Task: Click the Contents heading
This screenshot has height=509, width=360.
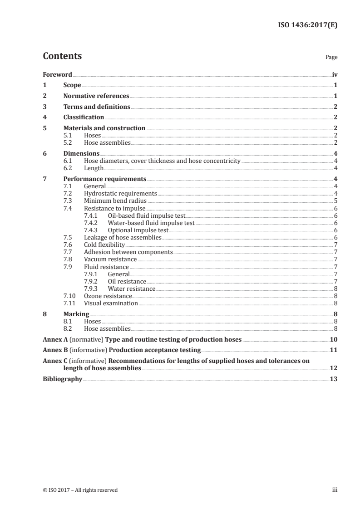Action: (x=62, y=56)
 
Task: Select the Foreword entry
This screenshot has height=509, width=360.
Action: (x=57, y=74)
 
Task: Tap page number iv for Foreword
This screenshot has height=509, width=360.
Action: (x=335, y=74)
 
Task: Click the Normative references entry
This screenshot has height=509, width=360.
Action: (x=96, y=96)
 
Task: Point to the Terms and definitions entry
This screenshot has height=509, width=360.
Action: (x=97, y=107)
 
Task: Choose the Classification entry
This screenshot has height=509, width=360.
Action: (x=84, y=117)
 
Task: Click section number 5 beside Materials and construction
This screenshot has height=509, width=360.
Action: (x=44, y=128)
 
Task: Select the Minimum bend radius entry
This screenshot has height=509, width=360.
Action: (x=115, y=200)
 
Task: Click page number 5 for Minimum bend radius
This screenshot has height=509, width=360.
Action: (x=335, y=200)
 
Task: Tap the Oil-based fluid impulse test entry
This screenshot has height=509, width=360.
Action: (x=146, y=215)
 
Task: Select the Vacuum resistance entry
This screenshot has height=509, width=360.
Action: (x=110, y=259)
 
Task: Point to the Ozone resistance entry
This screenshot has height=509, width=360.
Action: (x=108, y=296)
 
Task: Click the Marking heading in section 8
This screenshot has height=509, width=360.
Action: (x=76, y=314)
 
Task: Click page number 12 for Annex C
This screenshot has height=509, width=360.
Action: (x=333, y=368)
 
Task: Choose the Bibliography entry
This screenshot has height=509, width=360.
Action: (x=62, y=379)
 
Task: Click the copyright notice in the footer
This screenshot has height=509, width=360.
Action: (x=80, y=489)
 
